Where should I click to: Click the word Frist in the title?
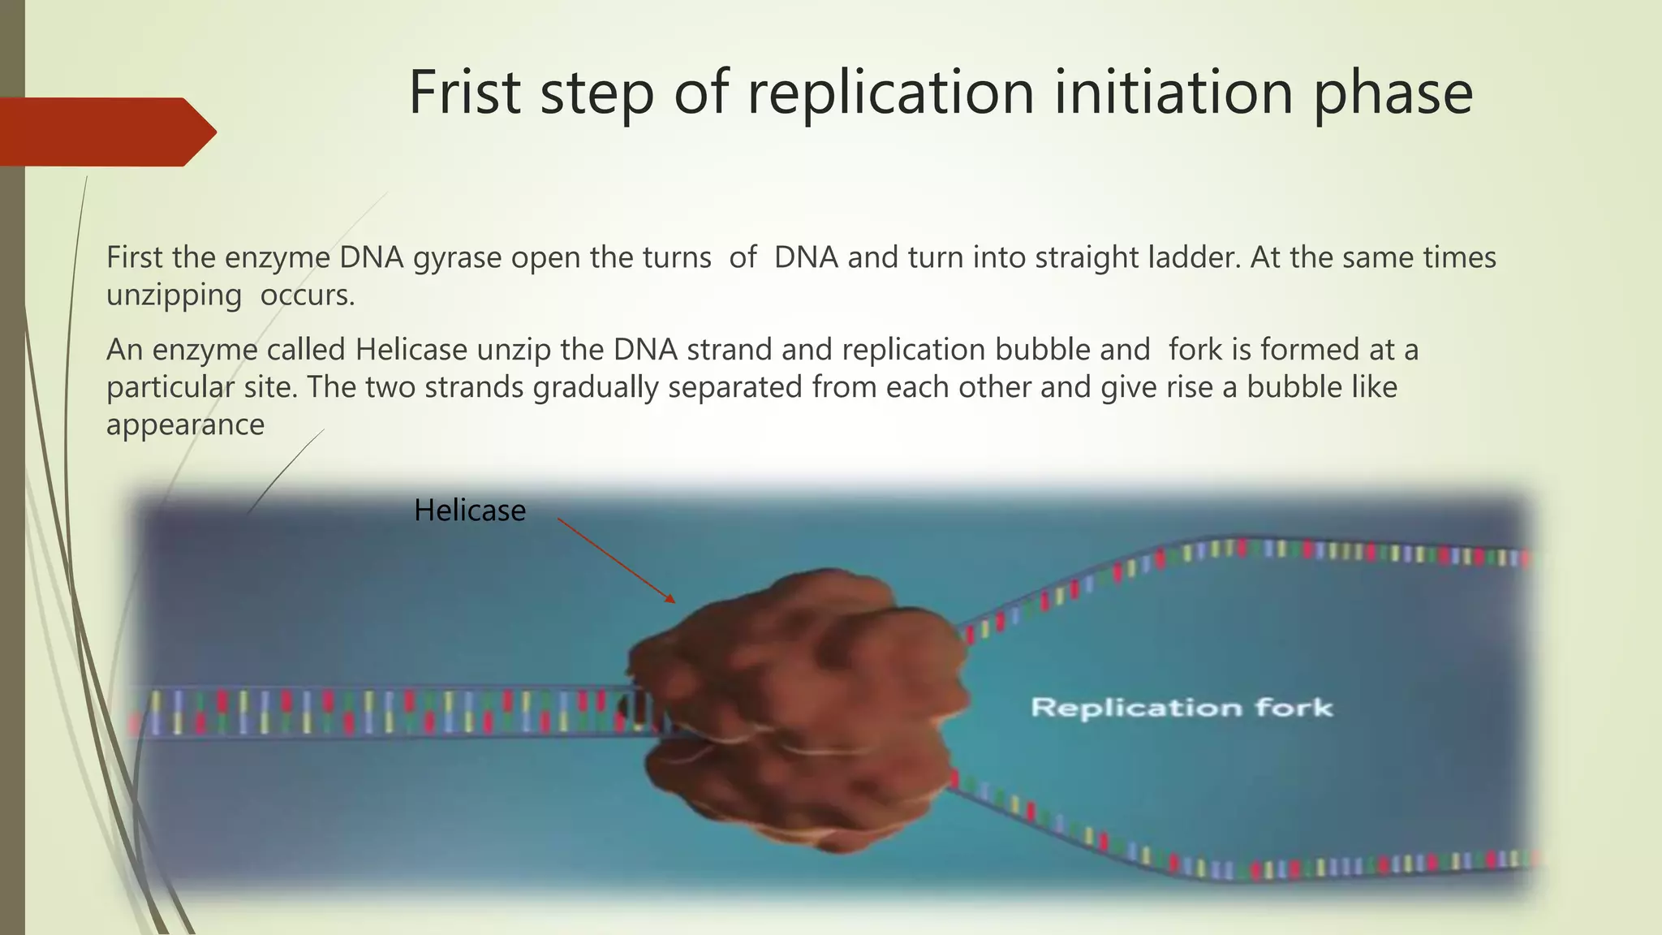click(464, 93)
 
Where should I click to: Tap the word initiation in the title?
click(1173, 93)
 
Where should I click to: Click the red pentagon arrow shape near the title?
click(105, 131)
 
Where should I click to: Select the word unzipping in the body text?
click(174, 296)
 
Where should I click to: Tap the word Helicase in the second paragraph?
click(411, 350)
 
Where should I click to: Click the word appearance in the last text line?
click(185, 424)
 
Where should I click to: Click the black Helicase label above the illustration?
click(470, 511)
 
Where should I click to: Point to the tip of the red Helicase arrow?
click(674, 601)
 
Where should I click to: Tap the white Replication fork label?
click(1182, 708)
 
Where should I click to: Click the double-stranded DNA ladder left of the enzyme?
click(365, 712)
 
